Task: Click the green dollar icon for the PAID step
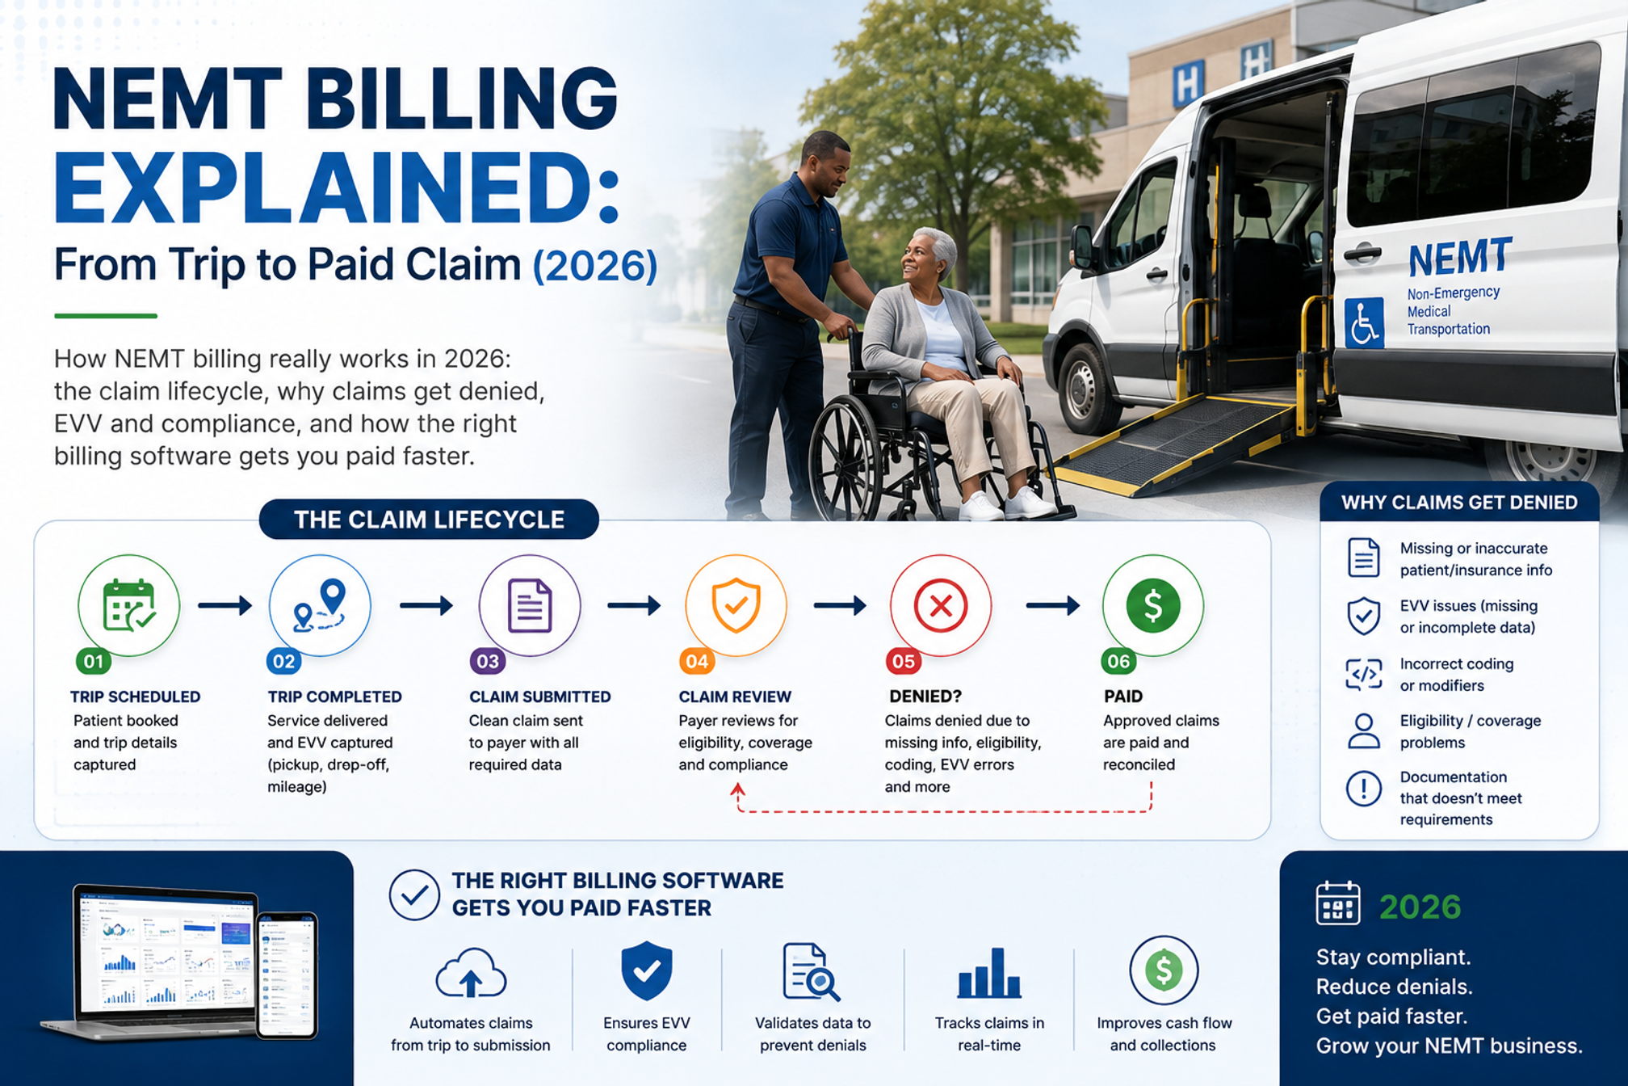pos(1153,605)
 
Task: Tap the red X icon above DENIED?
pos(941,605)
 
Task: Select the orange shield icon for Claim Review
pos(736,605)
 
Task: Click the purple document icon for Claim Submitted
pos(530,605)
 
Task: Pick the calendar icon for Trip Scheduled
pos(128,605)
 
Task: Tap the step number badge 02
pos(284,662)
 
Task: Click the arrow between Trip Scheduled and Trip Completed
pos(225,605)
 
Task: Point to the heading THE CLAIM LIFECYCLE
pos(429,520)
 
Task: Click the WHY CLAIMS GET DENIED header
pos(1459,503)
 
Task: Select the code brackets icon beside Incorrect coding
pos(1364,674)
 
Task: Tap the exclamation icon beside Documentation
pos(1364,788)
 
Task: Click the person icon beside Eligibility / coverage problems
pos(1364,731)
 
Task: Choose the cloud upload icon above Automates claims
pos(471,974)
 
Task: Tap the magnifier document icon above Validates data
pos(811,972)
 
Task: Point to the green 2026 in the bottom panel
pos(1420,907)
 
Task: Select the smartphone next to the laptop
pos(287,975)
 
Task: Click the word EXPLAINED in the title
pos(337,187)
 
